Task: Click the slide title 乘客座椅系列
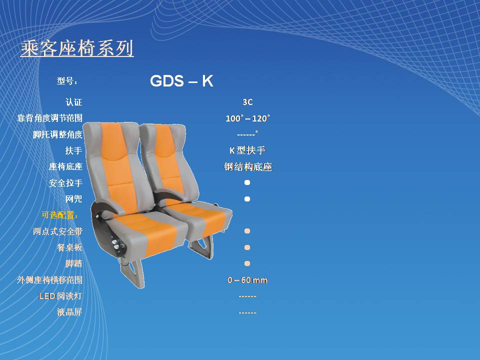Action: pos(77,48)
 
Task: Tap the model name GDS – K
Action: pos(181,81)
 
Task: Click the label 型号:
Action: pos(67,81)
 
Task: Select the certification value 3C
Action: pos(247,102)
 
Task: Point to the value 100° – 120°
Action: pos(247,118)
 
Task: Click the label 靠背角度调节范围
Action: pos(49,118)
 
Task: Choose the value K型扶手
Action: pos(247,150)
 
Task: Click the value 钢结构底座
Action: pos(247,167)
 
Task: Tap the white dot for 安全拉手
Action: pos(247,183)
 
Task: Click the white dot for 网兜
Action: pos(247,199)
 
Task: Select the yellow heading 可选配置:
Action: pos(59,215)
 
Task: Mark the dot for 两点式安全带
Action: pos(247,231)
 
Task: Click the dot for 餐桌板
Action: pos(247,247)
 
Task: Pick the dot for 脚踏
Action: pos(247,263)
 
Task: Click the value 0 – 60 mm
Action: pos(247,280)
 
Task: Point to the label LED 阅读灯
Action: pos(60,296)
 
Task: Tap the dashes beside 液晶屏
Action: pos(247,313)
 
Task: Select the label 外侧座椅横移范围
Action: pos(49,280)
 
